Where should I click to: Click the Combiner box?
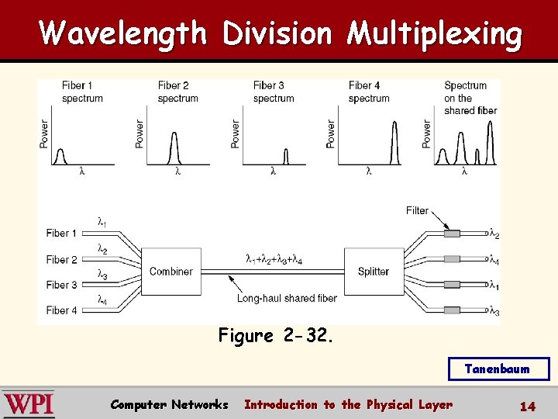171,272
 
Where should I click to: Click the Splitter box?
374,272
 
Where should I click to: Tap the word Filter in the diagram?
417,210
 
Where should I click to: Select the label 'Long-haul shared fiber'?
287,298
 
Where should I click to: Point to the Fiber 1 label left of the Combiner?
61,234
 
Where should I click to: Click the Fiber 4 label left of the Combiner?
61,310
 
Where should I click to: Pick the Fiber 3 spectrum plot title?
274,92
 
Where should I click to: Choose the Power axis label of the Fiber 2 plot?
139,133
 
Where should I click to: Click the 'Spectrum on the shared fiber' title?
470,98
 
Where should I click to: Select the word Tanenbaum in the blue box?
498,369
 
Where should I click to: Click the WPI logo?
29,404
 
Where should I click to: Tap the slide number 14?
528,406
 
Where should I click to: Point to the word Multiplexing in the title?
434,33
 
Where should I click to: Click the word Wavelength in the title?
123,33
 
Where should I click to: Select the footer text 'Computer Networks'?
169,404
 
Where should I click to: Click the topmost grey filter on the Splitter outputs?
450,233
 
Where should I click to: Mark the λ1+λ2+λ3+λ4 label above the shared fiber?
274,259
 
